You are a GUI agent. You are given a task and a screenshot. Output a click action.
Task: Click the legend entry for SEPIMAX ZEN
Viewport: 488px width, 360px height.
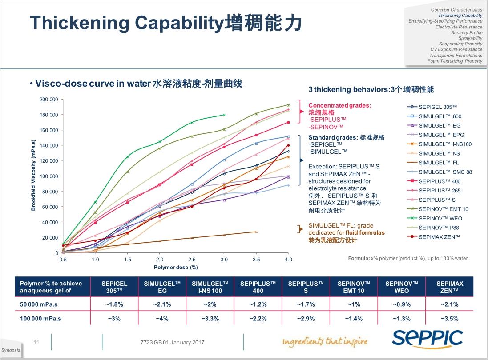(439, 237)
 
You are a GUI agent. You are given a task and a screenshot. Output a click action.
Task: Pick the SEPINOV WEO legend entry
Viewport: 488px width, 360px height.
(440, 218)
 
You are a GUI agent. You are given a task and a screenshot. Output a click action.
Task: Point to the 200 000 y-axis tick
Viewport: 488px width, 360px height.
(49, 100)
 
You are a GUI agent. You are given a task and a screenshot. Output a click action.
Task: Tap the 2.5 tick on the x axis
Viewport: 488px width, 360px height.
(192, 260)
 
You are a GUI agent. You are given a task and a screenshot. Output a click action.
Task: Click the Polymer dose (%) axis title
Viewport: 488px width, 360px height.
(175, 268)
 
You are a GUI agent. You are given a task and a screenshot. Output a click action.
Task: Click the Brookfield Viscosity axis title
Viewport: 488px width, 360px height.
(33, 175)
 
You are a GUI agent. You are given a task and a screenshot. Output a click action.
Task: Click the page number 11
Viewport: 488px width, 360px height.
(36, 342)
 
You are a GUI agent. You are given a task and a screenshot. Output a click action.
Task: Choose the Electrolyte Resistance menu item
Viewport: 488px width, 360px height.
(459, 27)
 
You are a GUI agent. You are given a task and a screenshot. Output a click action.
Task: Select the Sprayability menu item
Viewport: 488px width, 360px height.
(470, 39)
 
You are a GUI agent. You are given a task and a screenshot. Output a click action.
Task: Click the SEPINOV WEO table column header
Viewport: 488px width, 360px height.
(402, 287)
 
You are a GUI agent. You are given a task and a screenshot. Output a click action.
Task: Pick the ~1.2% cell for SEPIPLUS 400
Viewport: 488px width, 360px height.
(258, 304)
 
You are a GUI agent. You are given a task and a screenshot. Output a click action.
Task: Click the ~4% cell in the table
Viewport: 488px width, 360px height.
(162, 319)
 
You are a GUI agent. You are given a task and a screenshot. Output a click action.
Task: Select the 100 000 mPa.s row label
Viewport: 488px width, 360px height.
(41, 319)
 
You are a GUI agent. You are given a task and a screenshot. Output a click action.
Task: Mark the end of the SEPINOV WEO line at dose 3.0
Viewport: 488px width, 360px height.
(224, 115)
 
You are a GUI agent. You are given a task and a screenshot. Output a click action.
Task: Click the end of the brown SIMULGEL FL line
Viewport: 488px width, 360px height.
(256, 232)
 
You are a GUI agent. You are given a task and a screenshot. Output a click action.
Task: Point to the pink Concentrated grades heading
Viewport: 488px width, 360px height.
(339, 105)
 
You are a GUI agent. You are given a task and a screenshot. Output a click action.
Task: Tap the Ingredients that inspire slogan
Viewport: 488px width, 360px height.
(325, 341)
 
